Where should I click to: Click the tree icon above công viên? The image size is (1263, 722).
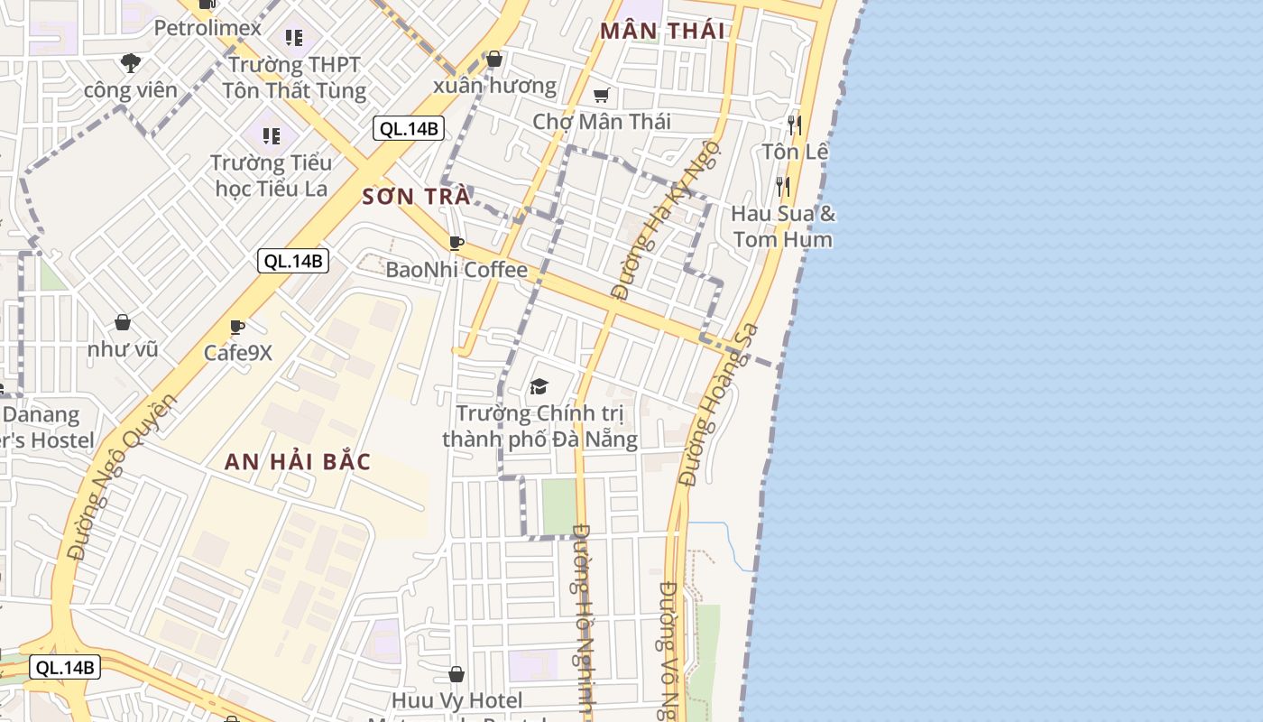pyautogui.click(x=131, y=62)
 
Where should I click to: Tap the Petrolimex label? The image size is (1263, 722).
pyautogui.click(x=207, y=28)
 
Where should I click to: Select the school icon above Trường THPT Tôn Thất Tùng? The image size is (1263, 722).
pyautogui.click(x=294, y=38)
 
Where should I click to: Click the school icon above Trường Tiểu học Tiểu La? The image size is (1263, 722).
pyautogui.click(x=272, y=136)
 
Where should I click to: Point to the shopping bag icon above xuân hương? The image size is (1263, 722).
pyautogui.click(x=493, y=60)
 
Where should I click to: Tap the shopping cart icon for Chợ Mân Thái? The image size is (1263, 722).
pyautogui.click(x=602, y=96)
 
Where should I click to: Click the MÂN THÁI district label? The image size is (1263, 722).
pyautogui.click(x=662, y=31)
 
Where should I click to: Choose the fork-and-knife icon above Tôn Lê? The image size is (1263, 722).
pyautogui.click(x=794, y=125)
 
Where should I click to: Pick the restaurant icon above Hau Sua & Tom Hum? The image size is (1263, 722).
pyautogui.click(x=783, y=187)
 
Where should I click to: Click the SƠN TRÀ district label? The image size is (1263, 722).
pyautogui.click(x=416, y=197)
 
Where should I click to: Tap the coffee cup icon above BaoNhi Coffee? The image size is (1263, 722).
pyautogui.click(x=456, y=243)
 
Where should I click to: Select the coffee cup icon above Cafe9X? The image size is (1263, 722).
pyautogui.click(x=237, y=327)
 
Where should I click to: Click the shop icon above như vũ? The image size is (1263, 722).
pyautogui.click(x=123, y=322)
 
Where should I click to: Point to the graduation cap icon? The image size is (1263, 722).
pyautogui.click(x=539, y=387)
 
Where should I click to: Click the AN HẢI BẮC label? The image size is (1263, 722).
pyautogui.click(x=297, y=462)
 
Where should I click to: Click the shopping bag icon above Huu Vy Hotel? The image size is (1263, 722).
pyautogui.click(x=456, y=674)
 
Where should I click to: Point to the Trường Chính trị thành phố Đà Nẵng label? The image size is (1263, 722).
pyautogui.click(x=539, y=426)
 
